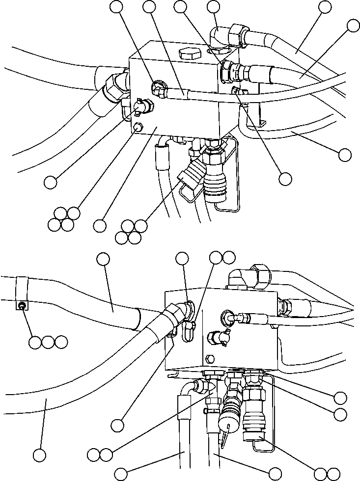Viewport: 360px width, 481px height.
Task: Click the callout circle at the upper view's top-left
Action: (117, 7)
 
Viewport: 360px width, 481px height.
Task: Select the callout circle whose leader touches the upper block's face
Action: (100, 225)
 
